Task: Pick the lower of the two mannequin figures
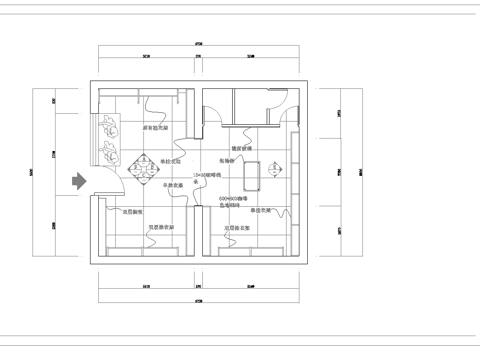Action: pos(106,153)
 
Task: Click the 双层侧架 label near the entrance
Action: pos(133,212)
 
